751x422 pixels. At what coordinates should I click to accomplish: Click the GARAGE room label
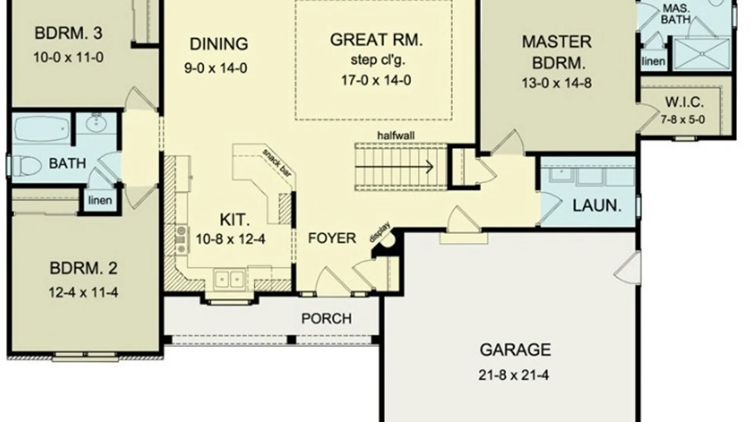515,350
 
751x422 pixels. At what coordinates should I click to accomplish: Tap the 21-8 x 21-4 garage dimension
514,375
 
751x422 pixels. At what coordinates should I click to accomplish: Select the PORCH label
326,319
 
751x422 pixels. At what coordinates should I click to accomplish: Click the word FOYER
332,238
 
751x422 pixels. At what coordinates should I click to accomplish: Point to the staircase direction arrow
394,167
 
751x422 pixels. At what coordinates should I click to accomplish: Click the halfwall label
396,136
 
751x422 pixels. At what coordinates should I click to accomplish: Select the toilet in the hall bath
26,166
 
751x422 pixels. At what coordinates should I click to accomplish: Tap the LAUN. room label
597,206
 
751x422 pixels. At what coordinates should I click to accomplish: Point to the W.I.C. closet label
685,102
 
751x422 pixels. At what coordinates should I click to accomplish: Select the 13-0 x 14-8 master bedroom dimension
557,83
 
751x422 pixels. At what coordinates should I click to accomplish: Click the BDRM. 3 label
68,33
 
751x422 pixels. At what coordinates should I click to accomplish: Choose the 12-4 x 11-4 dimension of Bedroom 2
83,293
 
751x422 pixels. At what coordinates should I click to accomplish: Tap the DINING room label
219,44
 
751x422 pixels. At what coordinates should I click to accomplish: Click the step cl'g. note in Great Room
378,60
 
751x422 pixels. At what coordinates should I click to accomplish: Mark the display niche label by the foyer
380,232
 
